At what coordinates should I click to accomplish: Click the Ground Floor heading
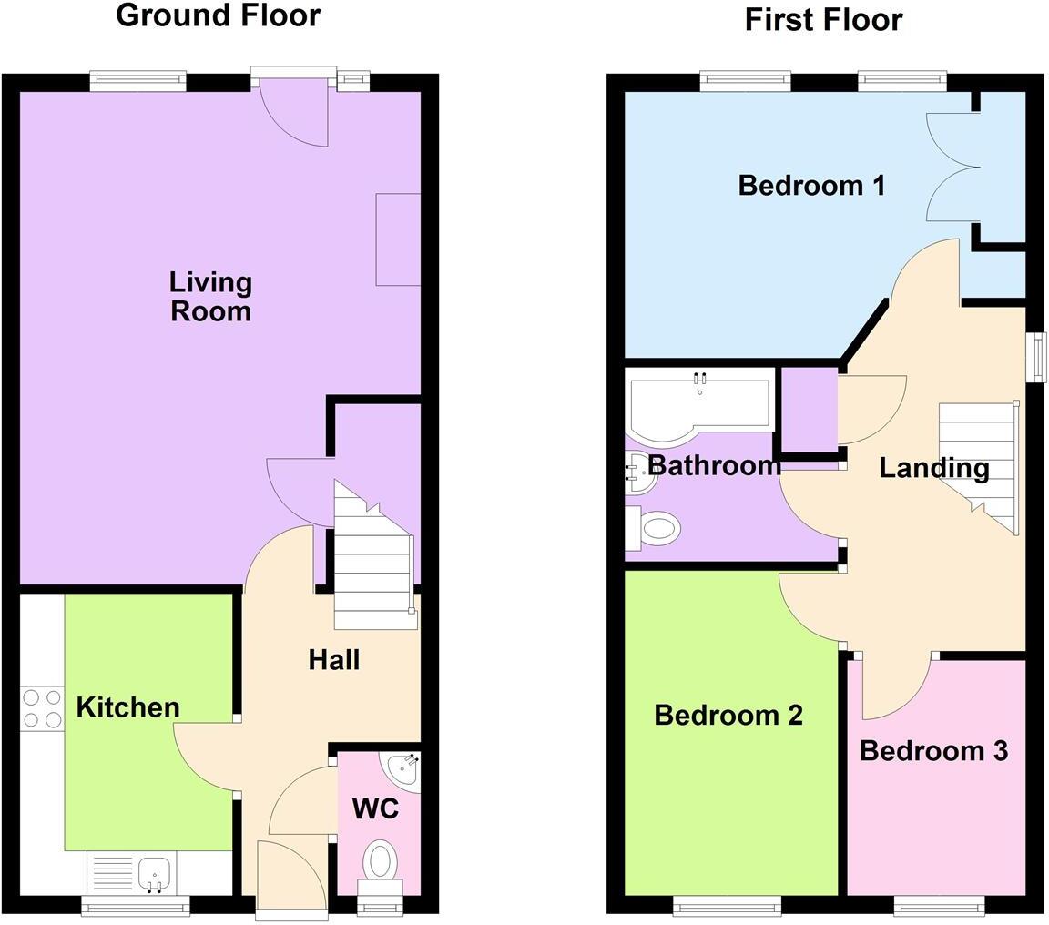point(218,15)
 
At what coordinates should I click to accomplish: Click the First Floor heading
point(823,19)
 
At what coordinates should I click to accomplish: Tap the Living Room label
point(210,296)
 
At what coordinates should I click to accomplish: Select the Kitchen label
point(127,707)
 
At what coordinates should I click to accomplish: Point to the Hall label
point(333,660)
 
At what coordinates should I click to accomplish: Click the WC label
point(375,808)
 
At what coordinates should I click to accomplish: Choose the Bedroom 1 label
point(811,186)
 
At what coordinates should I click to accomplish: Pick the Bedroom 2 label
point(728,716)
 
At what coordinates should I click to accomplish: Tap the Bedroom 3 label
point(933,751)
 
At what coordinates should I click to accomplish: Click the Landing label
point(934,468)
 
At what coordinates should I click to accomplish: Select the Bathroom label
point(714,465)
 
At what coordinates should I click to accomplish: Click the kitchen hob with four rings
point(42,709)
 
